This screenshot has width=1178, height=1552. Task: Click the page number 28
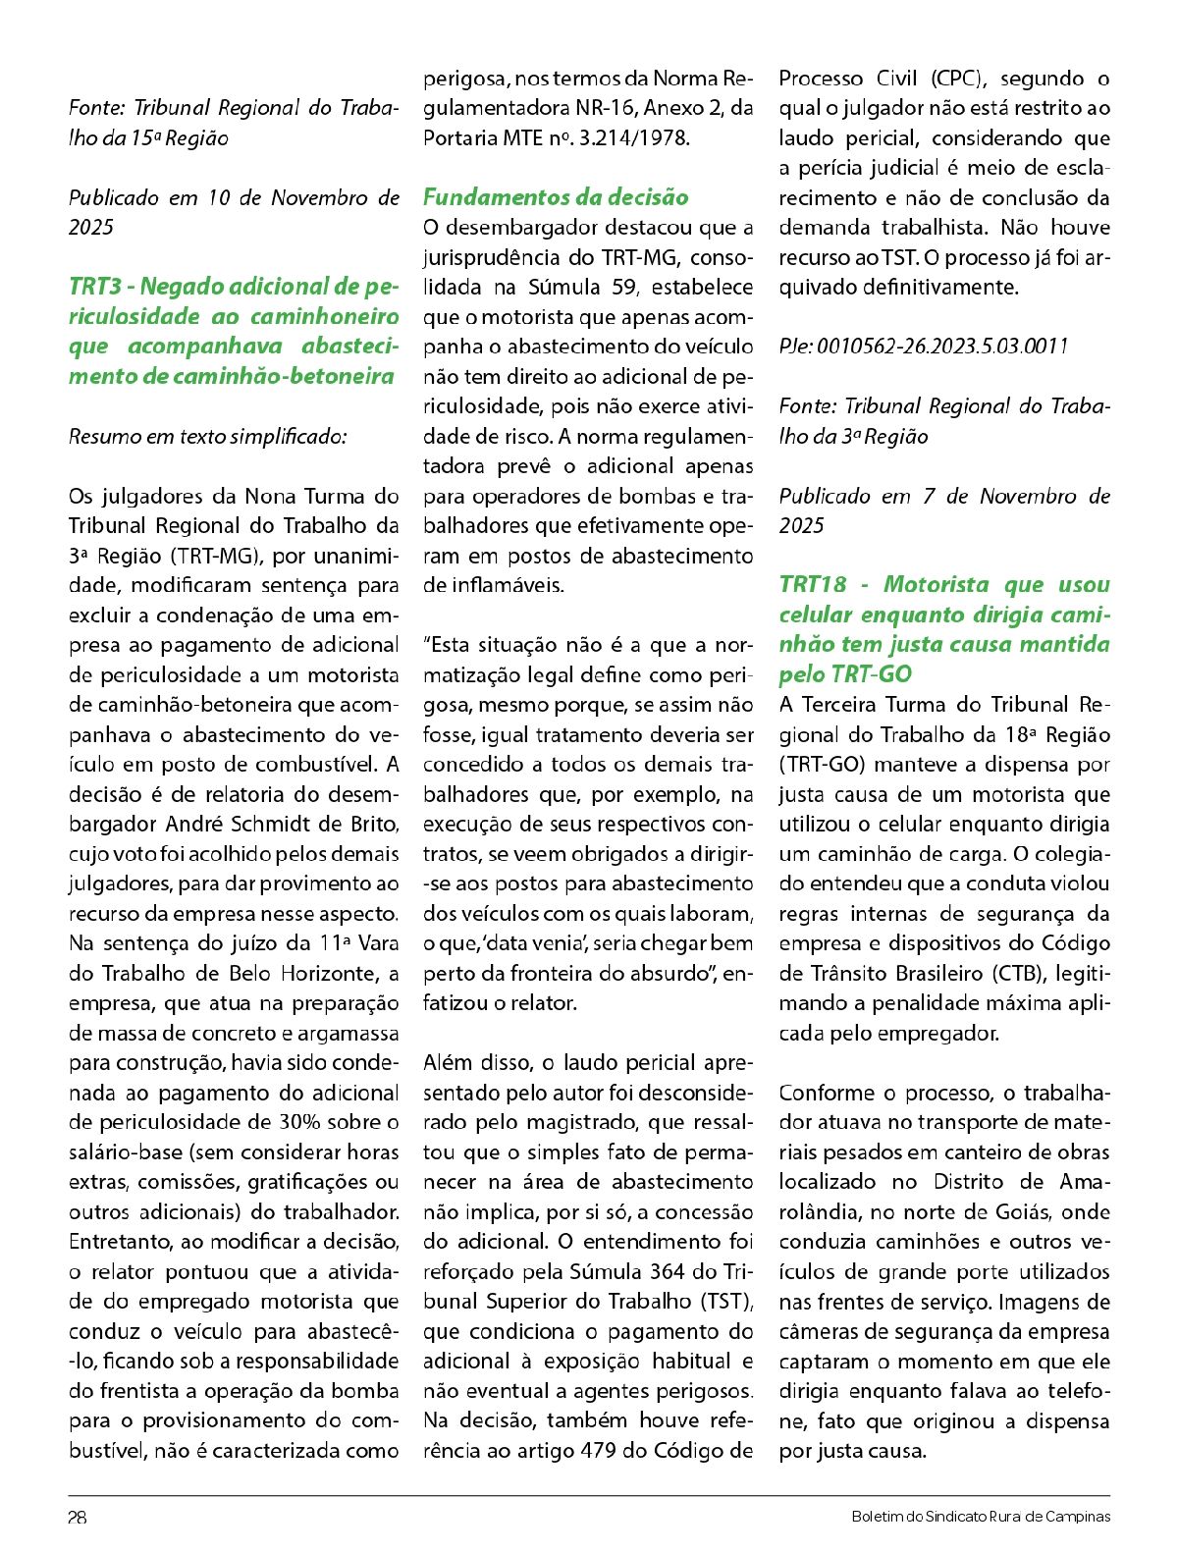click(78, 1517)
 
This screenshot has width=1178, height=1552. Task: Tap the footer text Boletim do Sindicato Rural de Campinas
click(981, 1517)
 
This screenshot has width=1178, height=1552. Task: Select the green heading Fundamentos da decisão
click(556, 197)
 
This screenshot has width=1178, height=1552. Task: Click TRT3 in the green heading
click(95, 287)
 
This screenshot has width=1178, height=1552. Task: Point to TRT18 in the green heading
click(813, 585)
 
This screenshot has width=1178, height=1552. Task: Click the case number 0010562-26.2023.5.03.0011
click(942, 347)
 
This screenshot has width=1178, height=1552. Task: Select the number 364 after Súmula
click(668, 1272)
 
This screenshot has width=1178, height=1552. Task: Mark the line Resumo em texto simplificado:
click(208, 437)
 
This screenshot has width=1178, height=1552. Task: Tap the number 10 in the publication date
click(218, 198)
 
